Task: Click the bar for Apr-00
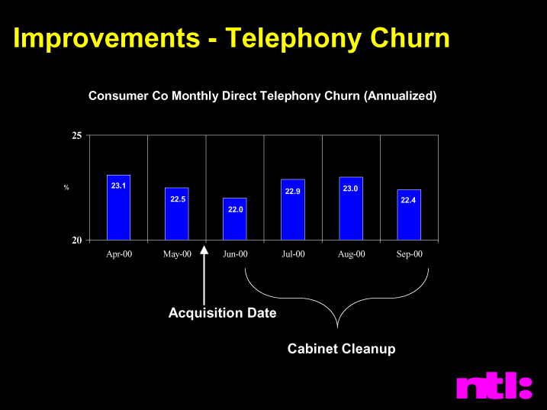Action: pos(118,208)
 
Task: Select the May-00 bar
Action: pos(177,214)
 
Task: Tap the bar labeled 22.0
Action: pos(235,219)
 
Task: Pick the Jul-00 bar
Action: pos(293,209)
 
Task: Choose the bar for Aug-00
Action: pos(351,208)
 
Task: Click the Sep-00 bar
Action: pos(409,215)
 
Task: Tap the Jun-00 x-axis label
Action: pos(235,254)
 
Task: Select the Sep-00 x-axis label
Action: pos(409,254)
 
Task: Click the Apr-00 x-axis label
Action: pos(119,254)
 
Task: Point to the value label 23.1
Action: pos(118,186)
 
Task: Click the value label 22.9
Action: pos(293,192)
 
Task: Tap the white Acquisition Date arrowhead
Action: pos(204,250)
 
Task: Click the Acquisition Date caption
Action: pos(223,312)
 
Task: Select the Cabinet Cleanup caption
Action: pos(342,348)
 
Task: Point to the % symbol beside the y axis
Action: pos(66,188)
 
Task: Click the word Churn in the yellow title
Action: pos(410,37)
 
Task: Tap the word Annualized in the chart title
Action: pos(400,95)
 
